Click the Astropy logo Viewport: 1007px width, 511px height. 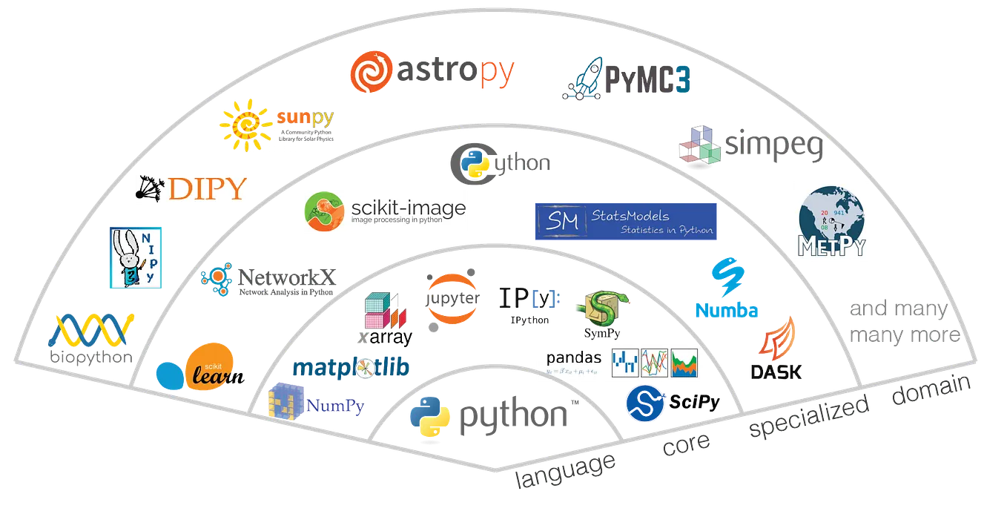point(432,73)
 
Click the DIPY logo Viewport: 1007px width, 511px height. point(189,189)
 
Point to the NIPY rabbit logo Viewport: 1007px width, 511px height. point(134,258)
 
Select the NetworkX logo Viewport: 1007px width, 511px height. point(267,280)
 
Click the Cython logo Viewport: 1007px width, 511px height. point(500,162)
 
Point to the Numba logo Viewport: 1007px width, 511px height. point(726,289)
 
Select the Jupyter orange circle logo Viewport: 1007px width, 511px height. point(453,297)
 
